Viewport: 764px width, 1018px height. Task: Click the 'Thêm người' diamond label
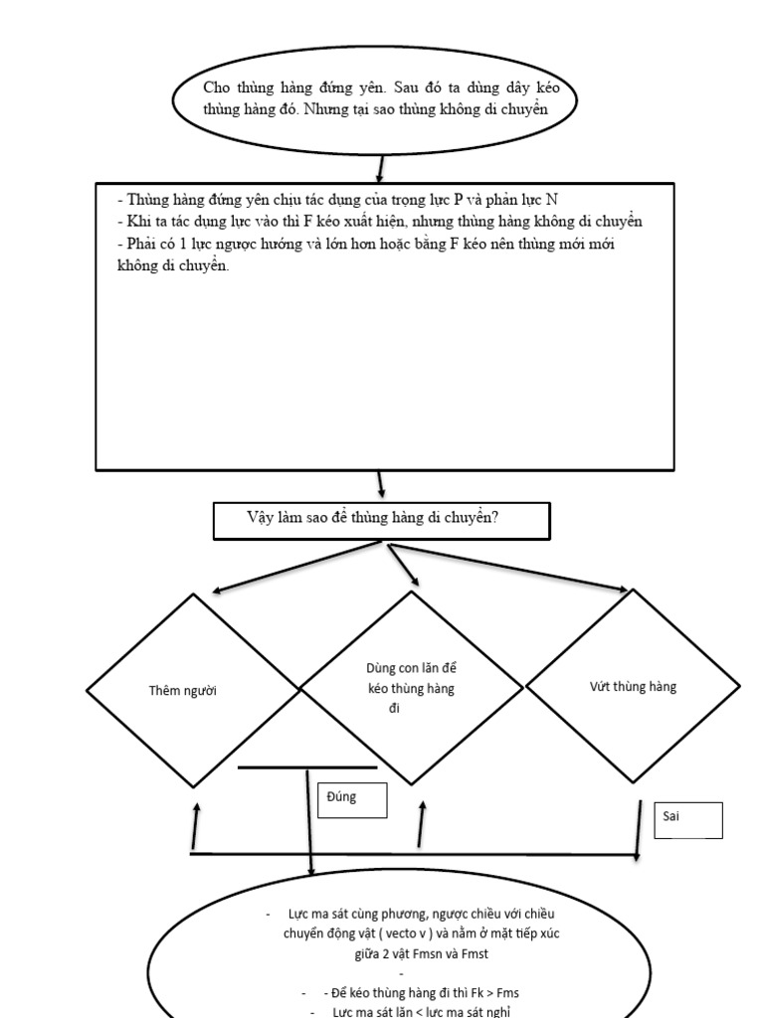point(182,691)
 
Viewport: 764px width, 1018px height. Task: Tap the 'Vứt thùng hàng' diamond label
point(633,687)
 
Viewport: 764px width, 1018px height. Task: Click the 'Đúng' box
point(351,800)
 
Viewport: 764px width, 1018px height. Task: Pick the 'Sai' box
point(687,819)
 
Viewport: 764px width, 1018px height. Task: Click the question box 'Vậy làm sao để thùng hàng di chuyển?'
point(380,521)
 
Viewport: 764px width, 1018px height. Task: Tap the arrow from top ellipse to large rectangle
point(379,168)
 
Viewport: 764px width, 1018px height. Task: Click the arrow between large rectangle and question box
point(380,486)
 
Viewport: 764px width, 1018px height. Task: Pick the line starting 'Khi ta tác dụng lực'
point(378,222)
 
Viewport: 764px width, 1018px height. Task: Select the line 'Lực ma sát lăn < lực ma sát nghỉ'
point(417,1011)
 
